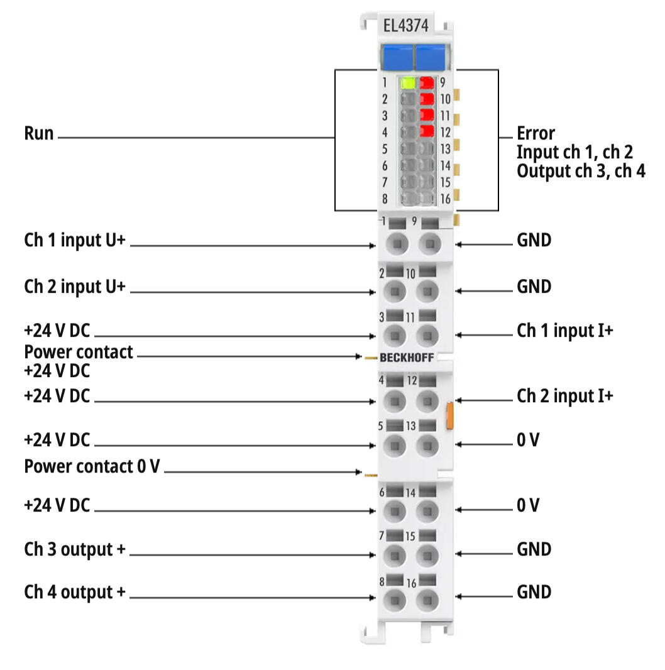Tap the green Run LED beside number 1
(407, 82)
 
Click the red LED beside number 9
(427, 82)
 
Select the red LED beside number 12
(427, 131)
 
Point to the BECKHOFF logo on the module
(406, 358)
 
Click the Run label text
(39, 133)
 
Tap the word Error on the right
(536, 133)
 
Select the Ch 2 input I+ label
(564, 396)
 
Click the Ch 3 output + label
(75, 549)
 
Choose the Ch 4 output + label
(75, 592)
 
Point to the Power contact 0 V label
(92, 467)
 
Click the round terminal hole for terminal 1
(395, 243)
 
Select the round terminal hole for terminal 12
(427, 400)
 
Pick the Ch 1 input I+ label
(564, 331)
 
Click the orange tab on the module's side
(450, 416)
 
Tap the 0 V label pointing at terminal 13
(528, 440)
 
